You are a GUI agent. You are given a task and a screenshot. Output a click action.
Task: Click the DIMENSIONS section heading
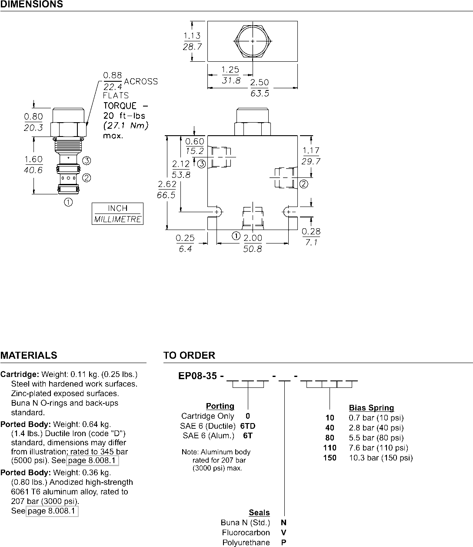[x=31, y=4]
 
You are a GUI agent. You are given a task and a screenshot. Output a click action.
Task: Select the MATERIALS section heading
[x=29, y=355]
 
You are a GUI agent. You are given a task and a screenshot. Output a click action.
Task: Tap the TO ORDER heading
[x=190, y=355]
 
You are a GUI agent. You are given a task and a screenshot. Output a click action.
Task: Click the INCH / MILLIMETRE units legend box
[x=117, y=214]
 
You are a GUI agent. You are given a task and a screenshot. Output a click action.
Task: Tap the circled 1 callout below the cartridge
[x=68, y=203]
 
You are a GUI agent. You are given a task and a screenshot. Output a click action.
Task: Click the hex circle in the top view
[x=253, y=41]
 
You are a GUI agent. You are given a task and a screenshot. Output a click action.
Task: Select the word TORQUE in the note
[x=120, y=106]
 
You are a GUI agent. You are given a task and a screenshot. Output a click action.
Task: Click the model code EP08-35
[x=198, y=376]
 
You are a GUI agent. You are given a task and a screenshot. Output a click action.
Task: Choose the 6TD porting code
[x=248, y=426]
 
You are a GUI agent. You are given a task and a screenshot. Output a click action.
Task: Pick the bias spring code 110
[x=330, y=448]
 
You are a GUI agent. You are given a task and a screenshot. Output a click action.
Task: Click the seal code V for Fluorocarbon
[x=283, y=533]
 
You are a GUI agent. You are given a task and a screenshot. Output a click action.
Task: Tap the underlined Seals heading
[x=259, y=513]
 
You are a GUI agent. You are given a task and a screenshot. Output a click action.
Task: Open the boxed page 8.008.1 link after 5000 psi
[x=92, y=460]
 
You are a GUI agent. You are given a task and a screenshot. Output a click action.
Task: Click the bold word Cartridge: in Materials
[x=20, y=374]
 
